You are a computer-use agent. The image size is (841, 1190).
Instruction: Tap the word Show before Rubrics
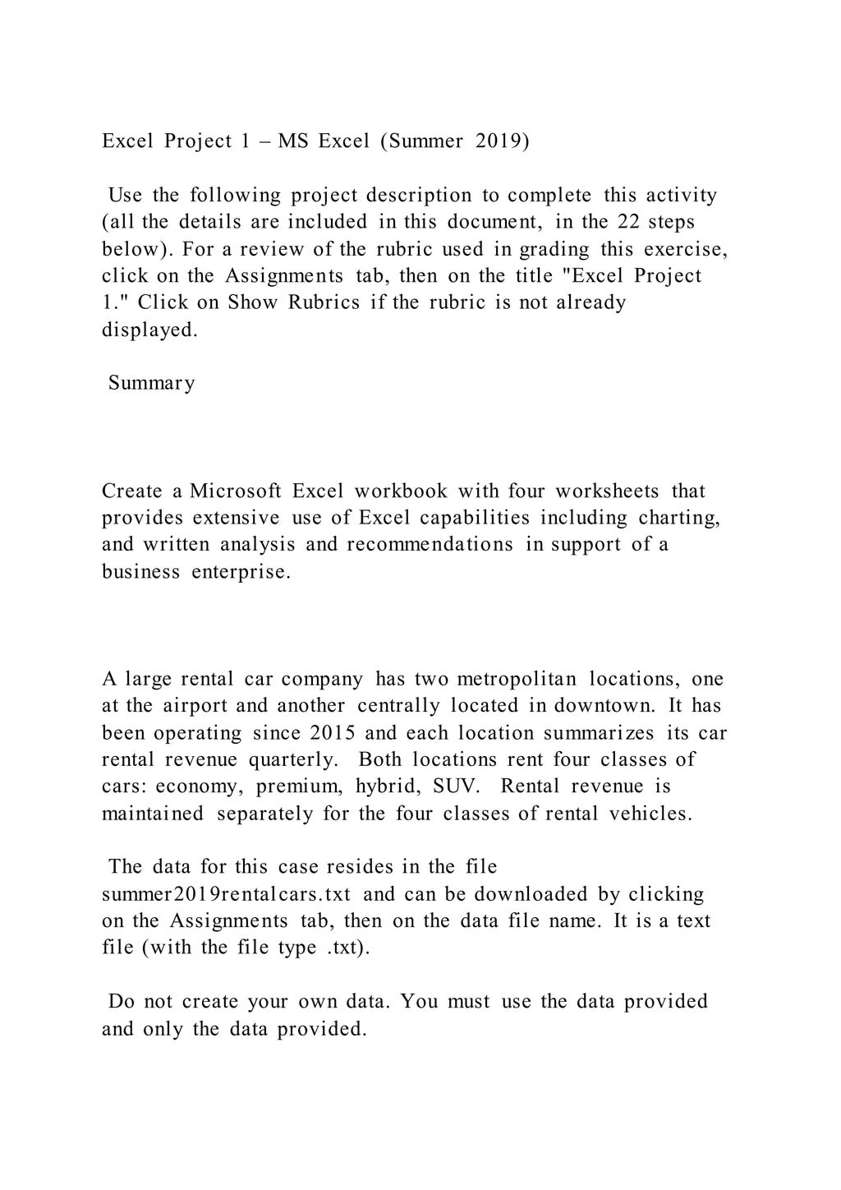254,302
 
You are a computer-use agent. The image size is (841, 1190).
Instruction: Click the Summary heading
152,383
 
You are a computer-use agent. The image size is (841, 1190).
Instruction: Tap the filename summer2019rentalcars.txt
227,893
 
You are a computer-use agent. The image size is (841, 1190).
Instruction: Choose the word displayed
149,329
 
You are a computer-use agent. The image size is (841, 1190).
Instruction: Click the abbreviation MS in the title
293,141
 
